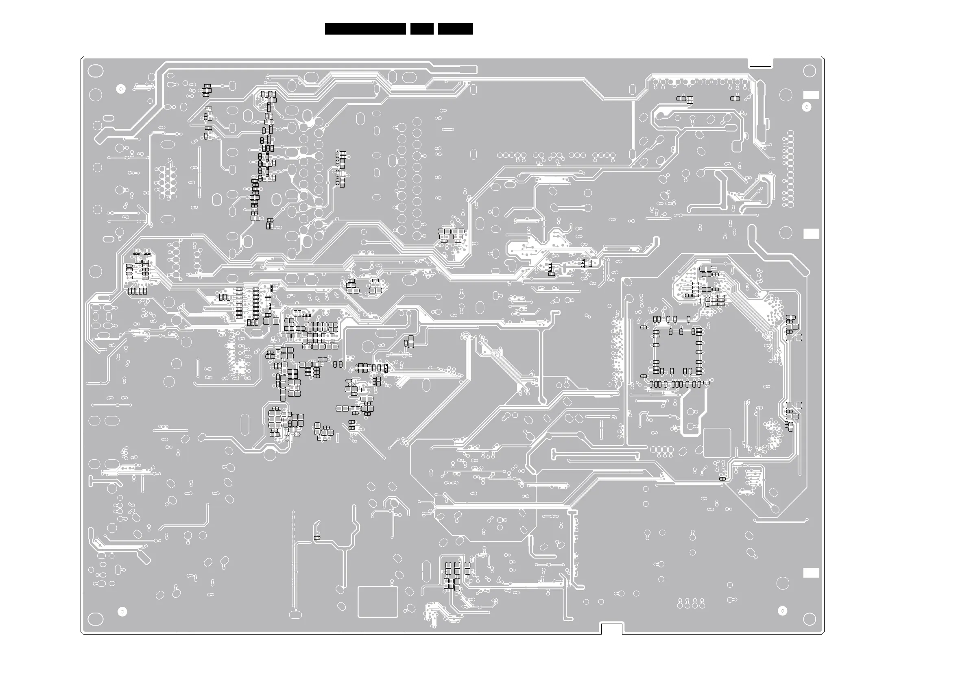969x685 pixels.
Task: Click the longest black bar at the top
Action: point(365,29)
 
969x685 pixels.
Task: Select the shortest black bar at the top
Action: point(421,29)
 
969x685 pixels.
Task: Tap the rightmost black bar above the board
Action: point(455,29)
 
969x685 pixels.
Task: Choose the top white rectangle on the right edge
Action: point(811,95)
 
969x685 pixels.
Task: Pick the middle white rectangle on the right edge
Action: point(811,234)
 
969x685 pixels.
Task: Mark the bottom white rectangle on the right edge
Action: point(811,573)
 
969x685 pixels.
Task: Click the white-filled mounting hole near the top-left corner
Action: point(121,89)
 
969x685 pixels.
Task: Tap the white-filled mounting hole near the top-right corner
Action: point(807,107)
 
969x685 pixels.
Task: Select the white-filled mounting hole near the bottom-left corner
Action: point(122,611)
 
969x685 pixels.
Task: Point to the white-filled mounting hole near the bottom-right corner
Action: point(782,611)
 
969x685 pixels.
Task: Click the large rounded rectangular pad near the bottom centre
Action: point(378,602)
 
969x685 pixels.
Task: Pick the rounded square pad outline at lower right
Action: point(717,443)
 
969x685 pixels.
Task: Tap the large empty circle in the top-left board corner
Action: point(95,71)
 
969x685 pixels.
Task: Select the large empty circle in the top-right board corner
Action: point(809,71)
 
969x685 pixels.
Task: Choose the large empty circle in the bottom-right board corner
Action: point(809,619)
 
